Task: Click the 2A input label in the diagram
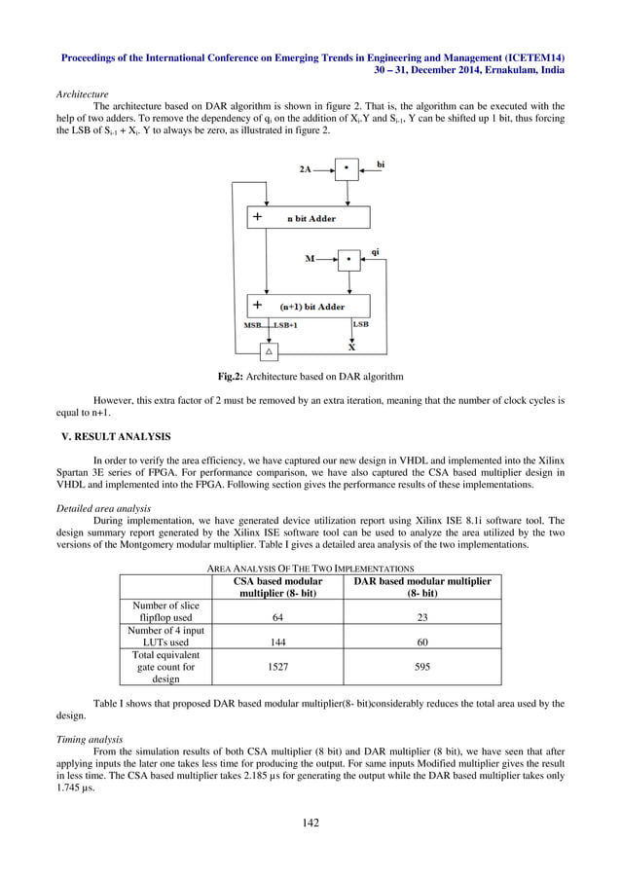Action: click(x=305, y=168)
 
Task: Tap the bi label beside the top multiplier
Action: click(x=381, y=165)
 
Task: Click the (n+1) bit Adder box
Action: click(x=309, y=306)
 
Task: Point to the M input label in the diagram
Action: click(x=310, y=260)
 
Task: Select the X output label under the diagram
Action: click(x=351, y=346)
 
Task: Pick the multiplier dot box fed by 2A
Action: click(x=347, y=168)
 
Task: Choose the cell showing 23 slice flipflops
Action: click(x=421, y=616)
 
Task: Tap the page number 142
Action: click(x=310, y=823)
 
